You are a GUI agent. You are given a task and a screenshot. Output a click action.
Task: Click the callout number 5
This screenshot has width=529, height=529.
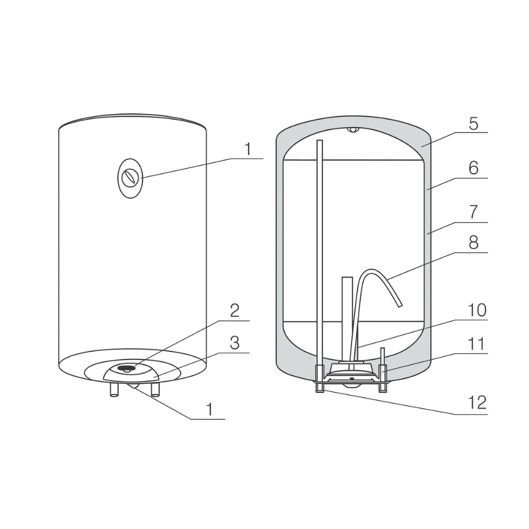(x=474, y=124)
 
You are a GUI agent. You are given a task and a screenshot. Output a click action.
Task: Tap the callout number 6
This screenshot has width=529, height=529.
(x=474, y=168)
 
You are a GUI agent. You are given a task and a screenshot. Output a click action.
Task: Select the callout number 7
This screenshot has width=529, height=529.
(x=474, y=212)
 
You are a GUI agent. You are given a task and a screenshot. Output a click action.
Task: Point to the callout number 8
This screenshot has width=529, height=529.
(x=474, y=242)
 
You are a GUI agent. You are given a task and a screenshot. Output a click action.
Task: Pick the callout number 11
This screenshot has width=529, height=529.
(x=476, y=344)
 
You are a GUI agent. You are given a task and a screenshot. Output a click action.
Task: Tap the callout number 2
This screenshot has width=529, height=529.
(x=235, y=310)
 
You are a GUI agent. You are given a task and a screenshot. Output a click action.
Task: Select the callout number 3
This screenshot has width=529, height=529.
(x=235, y=343)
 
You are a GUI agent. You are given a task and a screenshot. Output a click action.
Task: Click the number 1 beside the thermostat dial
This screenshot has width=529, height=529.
(x=248, y=149)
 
